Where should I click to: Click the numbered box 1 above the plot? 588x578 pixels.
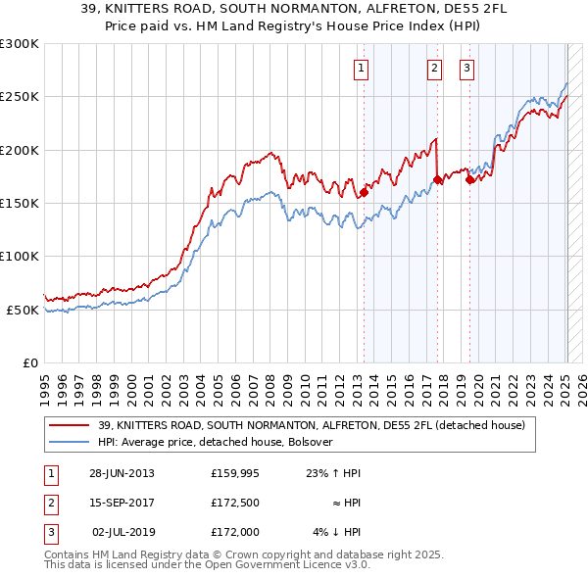tap(362, 69)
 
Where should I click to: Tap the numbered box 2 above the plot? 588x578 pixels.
tap(434, 69)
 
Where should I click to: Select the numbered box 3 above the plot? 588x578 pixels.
tap(466, 69)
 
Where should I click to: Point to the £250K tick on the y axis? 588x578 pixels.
tap(20, 97)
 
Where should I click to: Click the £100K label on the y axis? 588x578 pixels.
tap(20, 256)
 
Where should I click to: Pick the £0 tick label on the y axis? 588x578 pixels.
tap(30, 362)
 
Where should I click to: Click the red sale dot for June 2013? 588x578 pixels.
tap(364, 192)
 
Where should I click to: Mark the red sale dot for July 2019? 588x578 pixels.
tap(469, 179)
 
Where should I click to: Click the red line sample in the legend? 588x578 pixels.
tap(69, 425)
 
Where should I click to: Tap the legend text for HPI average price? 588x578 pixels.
tap(215, 442)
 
